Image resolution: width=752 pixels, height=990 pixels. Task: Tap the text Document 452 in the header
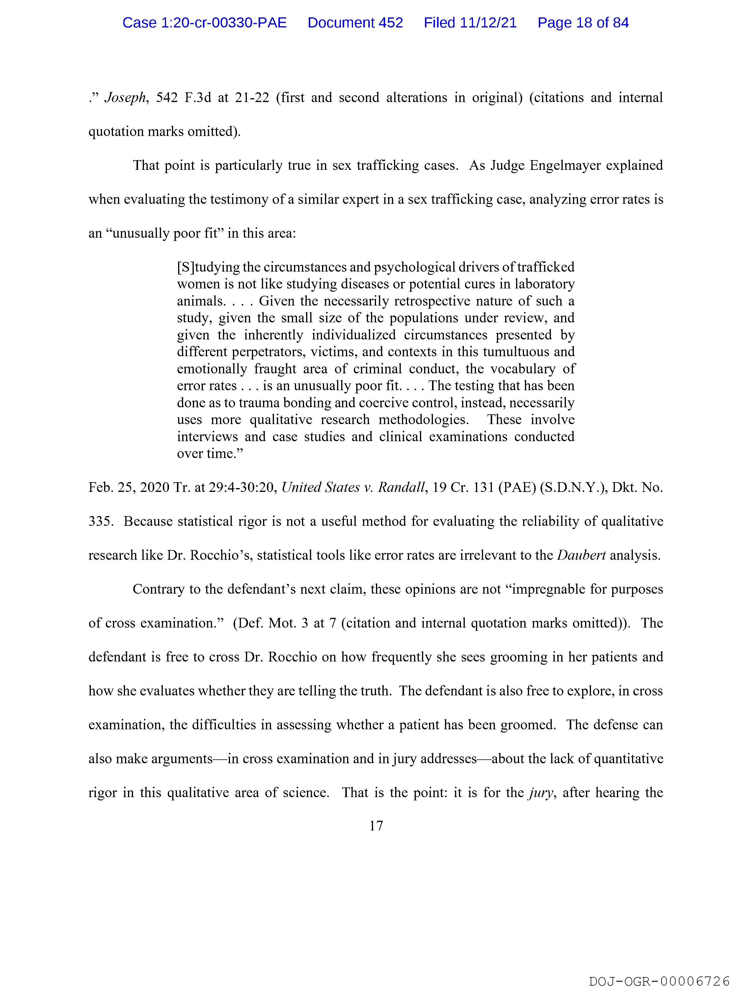[x=355, y=23]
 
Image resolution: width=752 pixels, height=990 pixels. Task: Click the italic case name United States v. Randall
[x=353, y=487]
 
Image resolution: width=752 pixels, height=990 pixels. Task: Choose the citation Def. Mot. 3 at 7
[x=285, y=623]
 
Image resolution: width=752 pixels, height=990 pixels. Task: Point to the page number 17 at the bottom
[x=376, y=826]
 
